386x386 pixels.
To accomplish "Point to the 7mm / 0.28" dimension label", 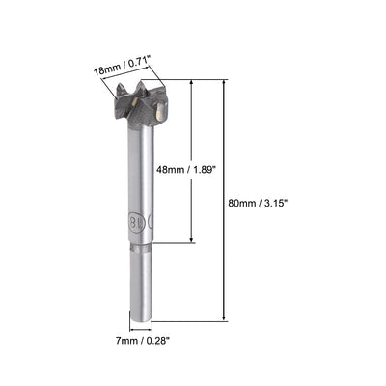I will (141, 339).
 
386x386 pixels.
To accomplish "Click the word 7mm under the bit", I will (124, 339).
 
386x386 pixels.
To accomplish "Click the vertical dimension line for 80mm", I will (226, 145).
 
